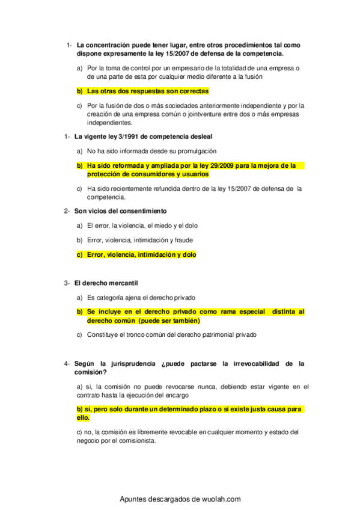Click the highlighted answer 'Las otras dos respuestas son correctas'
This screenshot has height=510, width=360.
147,91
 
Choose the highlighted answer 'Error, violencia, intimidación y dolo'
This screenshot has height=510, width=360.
141,254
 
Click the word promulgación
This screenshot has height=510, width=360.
194,151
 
